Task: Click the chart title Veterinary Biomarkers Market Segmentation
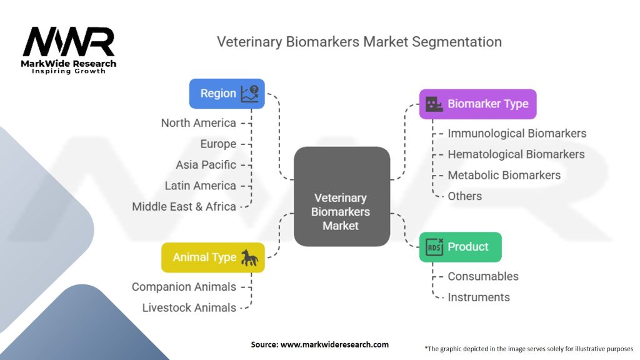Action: tap(359, 42)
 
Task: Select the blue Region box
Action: tap(227, 94)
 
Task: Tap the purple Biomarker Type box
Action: tap(477, 104)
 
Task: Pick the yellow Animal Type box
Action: tap(212, 257)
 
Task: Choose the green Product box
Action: tap(460, 247)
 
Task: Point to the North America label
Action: tap(199, 123)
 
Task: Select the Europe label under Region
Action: tap(218, 144)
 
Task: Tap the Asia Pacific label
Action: tap(206, 165)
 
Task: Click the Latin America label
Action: tap(201, 186)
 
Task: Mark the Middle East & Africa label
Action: tap(184, 206)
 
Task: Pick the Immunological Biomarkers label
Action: tap(517, 133)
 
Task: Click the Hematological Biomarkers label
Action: tap(516, 154)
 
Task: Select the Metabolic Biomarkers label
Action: tap(504, 175)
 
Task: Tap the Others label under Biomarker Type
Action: tap(464, 196)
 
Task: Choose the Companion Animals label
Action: tap(184, 287)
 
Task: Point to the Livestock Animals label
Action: tap(189, 307)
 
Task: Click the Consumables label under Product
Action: tap(483, 276)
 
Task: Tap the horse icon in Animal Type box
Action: tap(250, 257)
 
